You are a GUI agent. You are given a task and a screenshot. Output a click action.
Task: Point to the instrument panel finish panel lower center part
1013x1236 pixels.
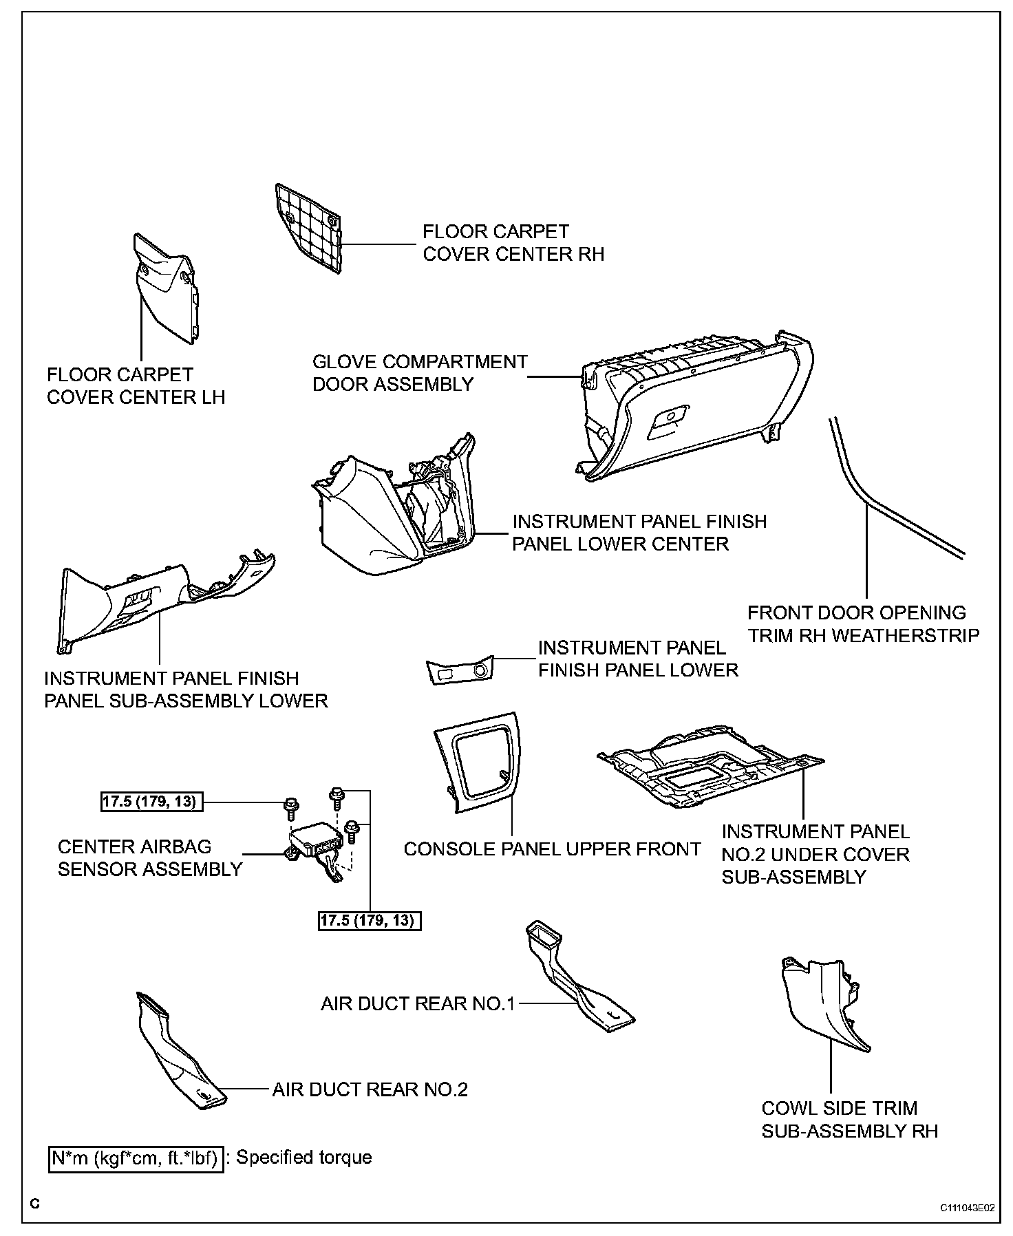pyautogui.click(x=392, y=509)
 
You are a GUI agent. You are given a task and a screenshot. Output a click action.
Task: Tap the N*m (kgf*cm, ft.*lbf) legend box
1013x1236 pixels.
pyautogui.click(x=135, y=1158)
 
